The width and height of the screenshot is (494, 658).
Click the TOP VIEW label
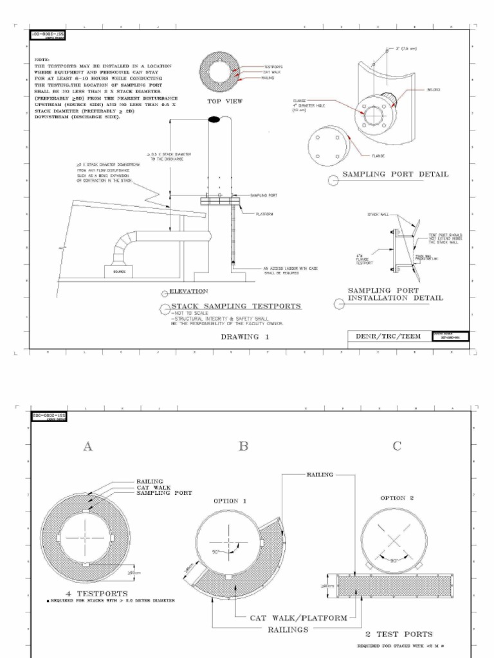click(223, 102)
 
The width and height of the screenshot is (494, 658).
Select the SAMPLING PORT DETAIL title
click(395, 174)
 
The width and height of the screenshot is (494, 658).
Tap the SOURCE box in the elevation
click(119, 272)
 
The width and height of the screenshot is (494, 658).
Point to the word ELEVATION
click(188, 291)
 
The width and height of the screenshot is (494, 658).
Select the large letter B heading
click(243, 446)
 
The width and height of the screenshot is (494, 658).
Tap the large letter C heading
click(397, 446)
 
